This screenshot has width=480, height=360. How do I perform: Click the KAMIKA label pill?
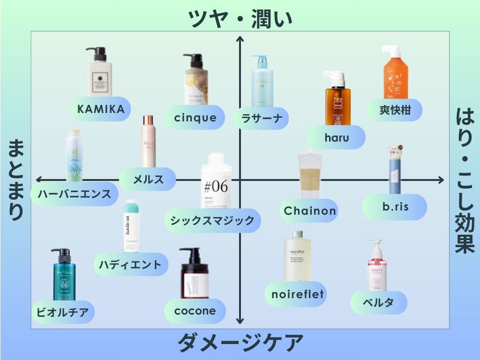101,109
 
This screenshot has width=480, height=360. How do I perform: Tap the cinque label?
195,117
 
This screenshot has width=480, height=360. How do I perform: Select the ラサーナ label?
262,118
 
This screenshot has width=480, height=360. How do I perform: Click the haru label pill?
336,137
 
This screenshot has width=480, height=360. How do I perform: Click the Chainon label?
310,210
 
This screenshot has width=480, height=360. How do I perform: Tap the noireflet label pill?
298,294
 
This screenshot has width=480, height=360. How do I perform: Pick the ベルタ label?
378,302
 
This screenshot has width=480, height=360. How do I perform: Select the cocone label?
195,311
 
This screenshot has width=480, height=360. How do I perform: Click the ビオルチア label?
63,312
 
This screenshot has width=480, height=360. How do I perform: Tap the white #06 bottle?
216,183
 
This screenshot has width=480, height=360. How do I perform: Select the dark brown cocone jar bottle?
194,274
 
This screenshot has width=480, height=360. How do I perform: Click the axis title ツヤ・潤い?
240,19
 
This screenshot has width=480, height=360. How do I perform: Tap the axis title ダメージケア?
240,343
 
